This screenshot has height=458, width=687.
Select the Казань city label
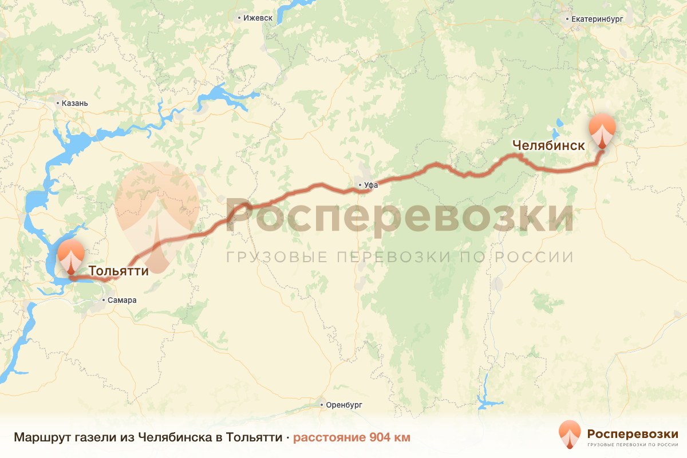(x=74, y=104)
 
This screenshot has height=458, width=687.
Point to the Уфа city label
(x=371, y=185)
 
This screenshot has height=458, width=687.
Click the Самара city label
(x=122, y=300)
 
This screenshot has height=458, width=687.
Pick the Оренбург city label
(x=345, y=404)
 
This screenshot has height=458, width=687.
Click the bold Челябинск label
(x=548, y=145)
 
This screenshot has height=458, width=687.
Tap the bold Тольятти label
(x=119, y=270)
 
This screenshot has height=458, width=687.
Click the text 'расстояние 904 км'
(x=352, y=438)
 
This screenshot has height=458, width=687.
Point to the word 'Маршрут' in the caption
(x=42, y=438)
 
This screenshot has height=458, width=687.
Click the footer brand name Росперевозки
(x=633, y=433)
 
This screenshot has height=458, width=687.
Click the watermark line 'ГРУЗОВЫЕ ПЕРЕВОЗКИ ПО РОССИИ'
(x=399, y=256)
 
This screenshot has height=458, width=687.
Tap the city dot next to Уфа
(x=359, y=185)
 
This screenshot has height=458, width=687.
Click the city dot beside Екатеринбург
(x=567, y=18)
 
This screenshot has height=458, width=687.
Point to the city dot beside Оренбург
(x=322, y=404)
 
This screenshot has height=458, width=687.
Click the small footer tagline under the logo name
(x=633, y=444)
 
